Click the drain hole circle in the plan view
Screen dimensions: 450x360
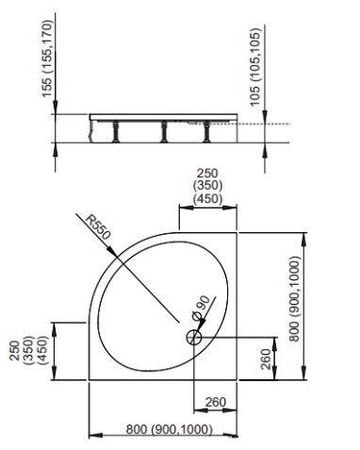(194, 337)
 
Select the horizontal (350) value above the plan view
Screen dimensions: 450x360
(206, 186)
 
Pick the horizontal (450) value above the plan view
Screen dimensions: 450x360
(206, 198)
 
